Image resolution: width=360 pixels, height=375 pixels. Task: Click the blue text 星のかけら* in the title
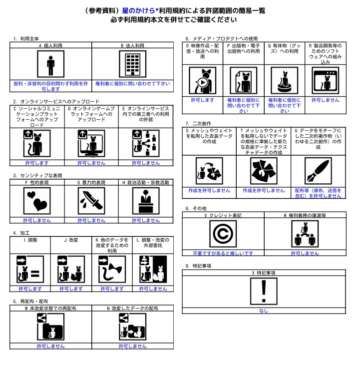click(140, 10)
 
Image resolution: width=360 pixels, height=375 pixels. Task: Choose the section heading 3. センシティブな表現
click(37, 175)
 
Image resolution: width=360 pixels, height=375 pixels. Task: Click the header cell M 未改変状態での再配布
click(50, 308)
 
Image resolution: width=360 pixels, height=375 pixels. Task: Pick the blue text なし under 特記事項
click(264, 311)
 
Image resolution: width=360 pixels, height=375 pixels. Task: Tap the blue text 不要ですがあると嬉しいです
click(223, 253)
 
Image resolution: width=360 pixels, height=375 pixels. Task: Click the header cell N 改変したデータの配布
click(132, 308)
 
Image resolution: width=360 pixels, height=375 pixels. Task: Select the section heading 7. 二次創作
click(198, 123)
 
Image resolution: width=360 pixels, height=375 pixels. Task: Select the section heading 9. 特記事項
click(198, 266)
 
